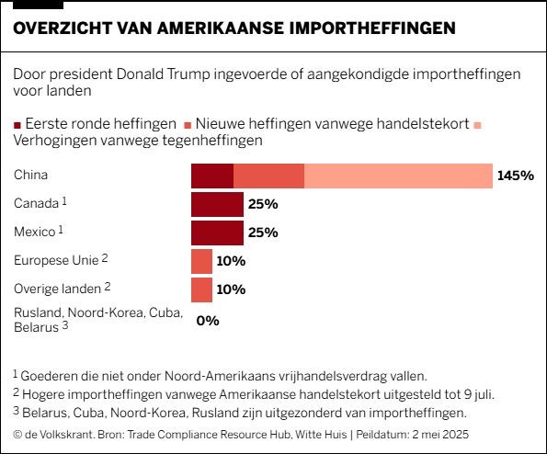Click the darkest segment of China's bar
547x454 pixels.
[212, 176]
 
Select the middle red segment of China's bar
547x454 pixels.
[268, 176]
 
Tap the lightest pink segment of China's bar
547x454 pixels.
[398, 176]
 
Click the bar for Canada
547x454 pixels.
[217, 204]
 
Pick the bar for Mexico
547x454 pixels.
[217, 233]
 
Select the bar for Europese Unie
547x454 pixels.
[201, 262]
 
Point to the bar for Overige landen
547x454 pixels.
[201, 290]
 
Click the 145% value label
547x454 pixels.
[516, 176]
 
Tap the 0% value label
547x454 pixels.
[208, 321]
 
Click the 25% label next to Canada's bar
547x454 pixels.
[263, 204]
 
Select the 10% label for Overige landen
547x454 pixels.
[231, 289]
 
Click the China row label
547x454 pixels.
[30, 175]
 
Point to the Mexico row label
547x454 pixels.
[35, 232]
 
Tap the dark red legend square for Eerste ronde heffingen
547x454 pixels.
[17, 125]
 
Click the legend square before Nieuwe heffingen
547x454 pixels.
[188, 125]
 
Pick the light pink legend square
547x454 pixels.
[478, 125]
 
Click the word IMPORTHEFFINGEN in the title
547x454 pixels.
[372, 28]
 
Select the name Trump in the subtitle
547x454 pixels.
[188, 74]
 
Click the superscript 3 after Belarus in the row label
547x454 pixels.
[65, 325]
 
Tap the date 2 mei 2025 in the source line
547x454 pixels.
[440, 435]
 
